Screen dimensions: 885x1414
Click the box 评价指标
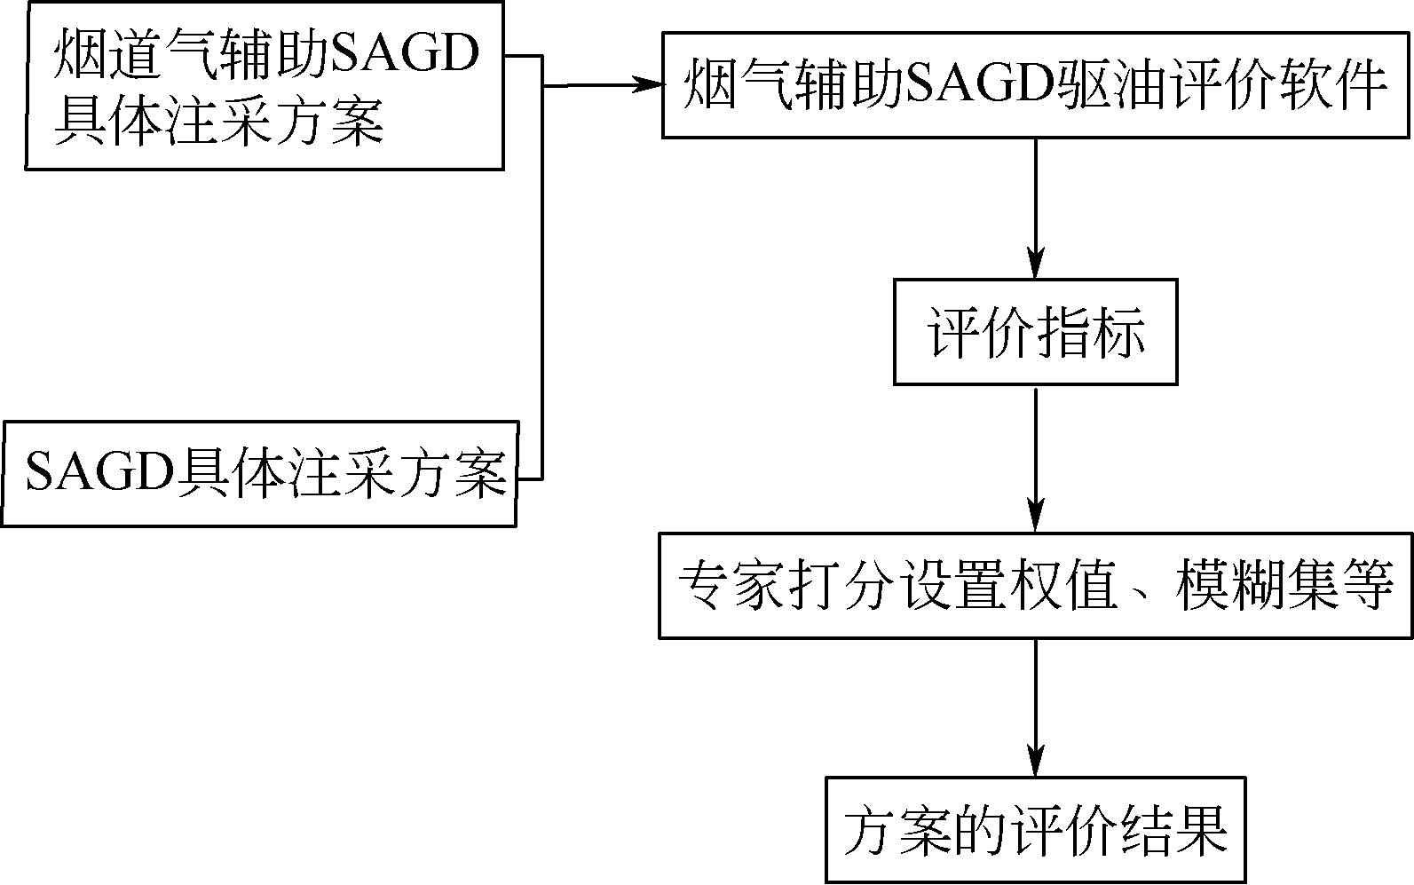click(x=1035, y=332)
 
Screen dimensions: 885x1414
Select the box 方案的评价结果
click(x=1035, y=830)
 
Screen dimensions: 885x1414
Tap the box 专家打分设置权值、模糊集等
click(x=1035, y=586)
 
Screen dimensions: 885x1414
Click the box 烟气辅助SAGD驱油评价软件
click(x=1035, y=86)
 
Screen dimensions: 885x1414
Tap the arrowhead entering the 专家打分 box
click(x=1035, y=519)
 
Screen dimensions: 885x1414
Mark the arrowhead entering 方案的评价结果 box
click(x=1035, y=765)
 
